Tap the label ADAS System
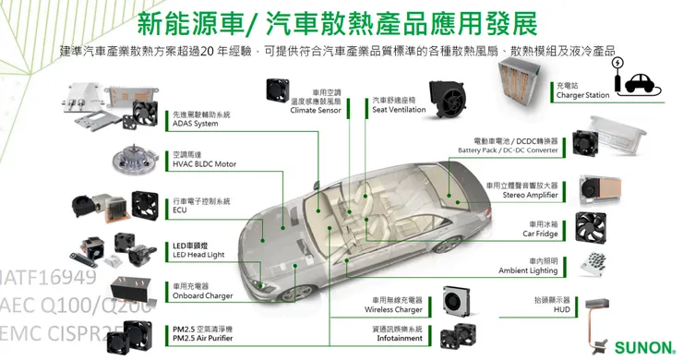pyautogui.click(x=196, y=124)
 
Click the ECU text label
pyautogui.click(x=180, y=210)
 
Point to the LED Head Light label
pyautogui.click(x=198, y=254)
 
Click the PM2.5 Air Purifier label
pyautogui.click(x=204, y=337)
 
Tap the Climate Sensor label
pyautogui.click(x=316, y=110)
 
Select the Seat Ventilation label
pyautogui.click(x=399, y=110)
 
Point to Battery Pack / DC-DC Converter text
pyautogui.click(x=508, y=150)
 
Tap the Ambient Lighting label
pyautogui.click(x=529, y=270)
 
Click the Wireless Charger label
pyautogui.click(x=397, y=310)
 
